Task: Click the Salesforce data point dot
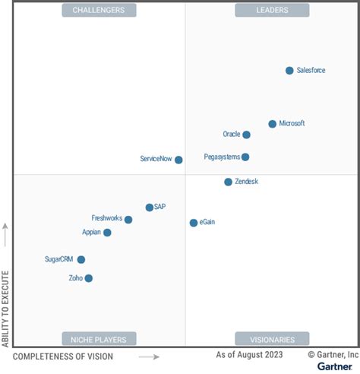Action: [x=289, y=71]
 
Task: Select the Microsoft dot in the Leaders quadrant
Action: [x=272, y=124]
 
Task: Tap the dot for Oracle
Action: [x=246, y=135]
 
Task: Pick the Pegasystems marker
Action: [x=245, y=157]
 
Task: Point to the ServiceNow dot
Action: [x=178, y=160]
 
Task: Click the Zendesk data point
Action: [x=228, y=182]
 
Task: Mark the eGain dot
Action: [x=194, y=223]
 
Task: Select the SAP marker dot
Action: [x=150, y=207]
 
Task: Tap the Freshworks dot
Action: [x=128, y=220]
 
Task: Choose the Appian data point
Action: [x=107, y=233]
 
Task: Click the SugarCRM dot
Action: [x=81, y=259]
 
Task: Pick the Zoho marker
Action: [x=88, y=278]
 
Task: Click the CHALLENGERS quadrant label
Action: [x=99, y=10]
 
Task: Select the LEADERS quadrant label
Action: [x=272, y=10]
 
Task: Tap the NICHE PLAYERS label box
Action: [x=99, y=339]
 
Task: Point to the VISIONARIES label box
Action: [x=272, y=339]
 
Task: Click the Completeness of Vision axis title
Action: [x=63, y=357]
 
